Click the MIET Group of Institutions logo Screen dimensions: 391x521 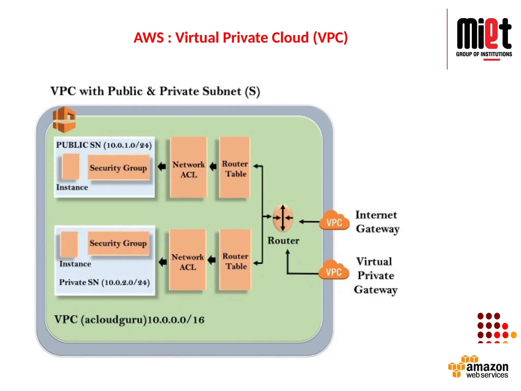[x=484, y=38]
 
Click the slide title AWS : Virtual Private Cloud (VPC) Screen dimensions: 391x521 [x=240, y=38]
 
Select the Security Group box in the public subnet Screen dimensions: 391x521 [x=119, y=167]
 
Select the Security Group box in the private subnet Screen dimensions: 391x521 [x=118, y=243]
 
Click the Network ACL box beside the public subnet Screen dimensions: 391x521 [x=189, y=167]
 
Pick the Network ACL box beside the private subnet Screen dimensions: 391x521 [x=187, y=260]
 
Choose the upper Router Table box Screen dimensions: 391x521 [x=235, y=167]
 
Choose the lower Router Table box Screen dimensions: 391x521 [x=235, y=260]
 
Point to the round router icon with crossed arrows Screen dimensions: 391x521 [x=283, y=218]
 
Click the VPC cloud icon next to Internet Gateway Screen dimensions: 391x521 [x=334, y=221]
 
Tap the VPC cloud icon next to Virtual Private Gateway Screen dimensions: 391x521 [x=334, y=270]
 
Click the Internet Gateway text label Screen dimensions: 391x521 [x=377, y=221]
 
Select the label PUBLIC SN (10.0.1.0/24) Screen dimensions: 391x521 [x=104, y=145]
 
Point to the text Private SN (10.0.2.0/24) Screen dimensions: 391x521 [x=104, y=282]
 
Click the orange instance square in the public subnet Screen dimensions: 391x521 [x=71, y=166]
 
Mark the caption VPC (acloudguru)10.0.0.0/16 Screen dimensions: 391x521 [x=129, y=319]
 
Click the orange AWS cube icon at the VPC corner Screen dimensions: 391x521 [x=64, y=120]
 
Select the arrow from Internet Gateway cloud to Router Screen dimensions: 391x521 [x=309, y=222]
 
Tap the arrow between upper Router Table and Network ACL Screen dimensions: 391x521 [x=213, y=167]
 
